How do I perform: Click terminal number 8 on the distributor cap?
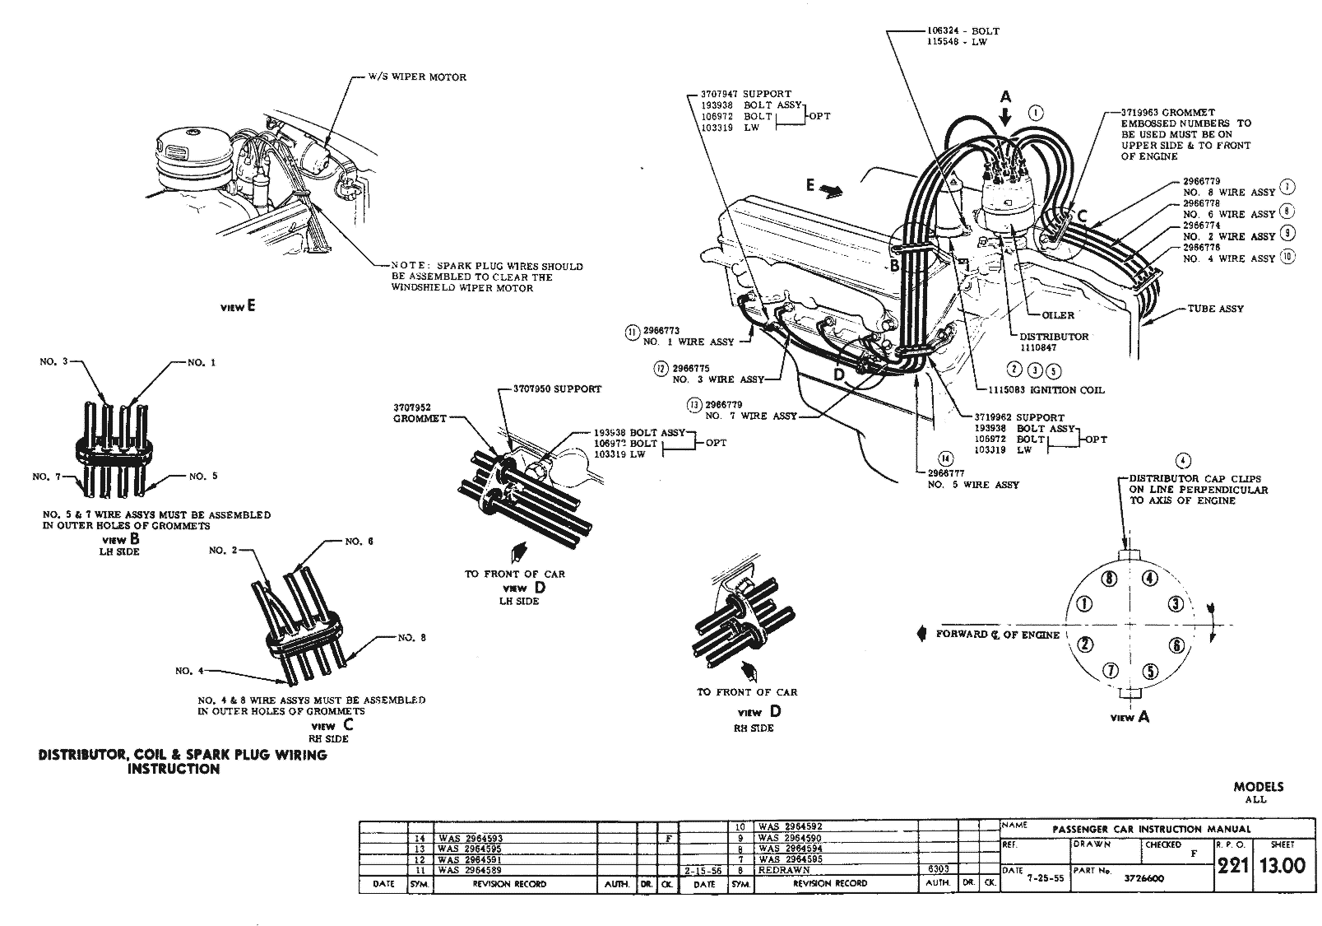(1110, 578)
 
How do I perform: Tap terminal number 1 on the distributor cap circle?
(1085, 604)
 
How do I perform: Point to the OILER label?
(1058, 315)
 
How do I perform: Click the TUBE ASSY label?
(1215, 309)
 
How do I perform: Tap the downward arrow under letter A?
(1005, 117)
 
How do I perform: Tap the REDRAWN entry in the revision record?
(785, 869)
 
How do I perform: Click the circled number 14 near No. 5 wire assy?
(946, 459)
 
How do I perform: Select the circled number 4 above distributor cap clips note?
(1183, 460)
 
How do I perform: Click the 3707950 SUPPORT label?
(557, 389)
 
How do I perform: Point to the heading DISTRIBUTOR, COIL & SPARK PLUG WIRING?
(183, 754)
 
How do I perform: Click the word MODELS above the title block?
(1258, 786)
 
